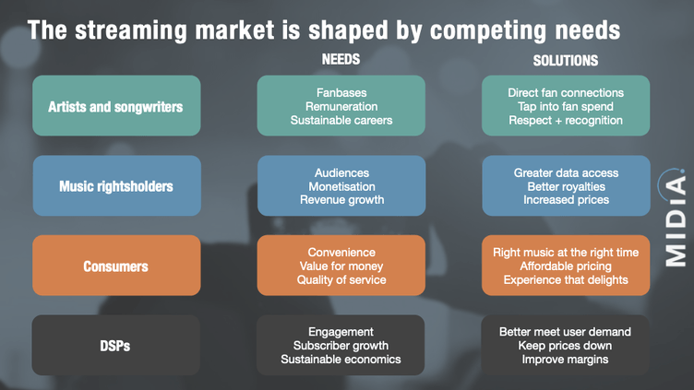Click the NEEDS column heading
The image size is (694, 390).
(341, 59)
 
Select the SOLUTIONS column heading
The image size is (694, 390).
(565, 61)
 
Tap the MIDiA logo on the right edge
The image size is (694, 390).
(675, 218)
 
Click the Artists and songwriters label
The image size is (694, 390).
(115, 107)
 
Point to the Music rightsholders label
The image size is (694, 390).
(116, 186)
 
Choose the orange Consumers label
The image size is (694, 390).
(115, 266)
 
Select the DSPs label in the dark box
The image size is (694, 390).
(115, 346)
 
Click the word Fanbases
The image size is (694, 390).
(341, 93)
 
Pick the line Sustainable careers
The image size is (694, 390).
(341, 120)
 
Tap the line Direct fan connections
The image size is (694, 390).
(566, 93)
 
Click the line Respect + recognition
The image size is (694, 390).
(566, 120)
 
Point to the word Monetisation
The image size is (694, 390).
(341, 186)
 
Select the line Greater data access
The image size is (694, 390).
(566, 173)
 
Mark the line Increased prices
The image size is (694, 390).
(566, 200)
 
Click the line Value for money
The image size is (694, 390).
(341, 266)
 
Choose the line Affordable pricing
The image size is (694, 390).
(566, 266)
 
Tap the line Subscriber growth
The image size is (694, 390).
(341, 346)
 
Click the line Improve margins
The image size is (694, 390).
(565, 360)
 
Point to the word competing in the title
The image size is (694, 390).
(488, 31)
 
